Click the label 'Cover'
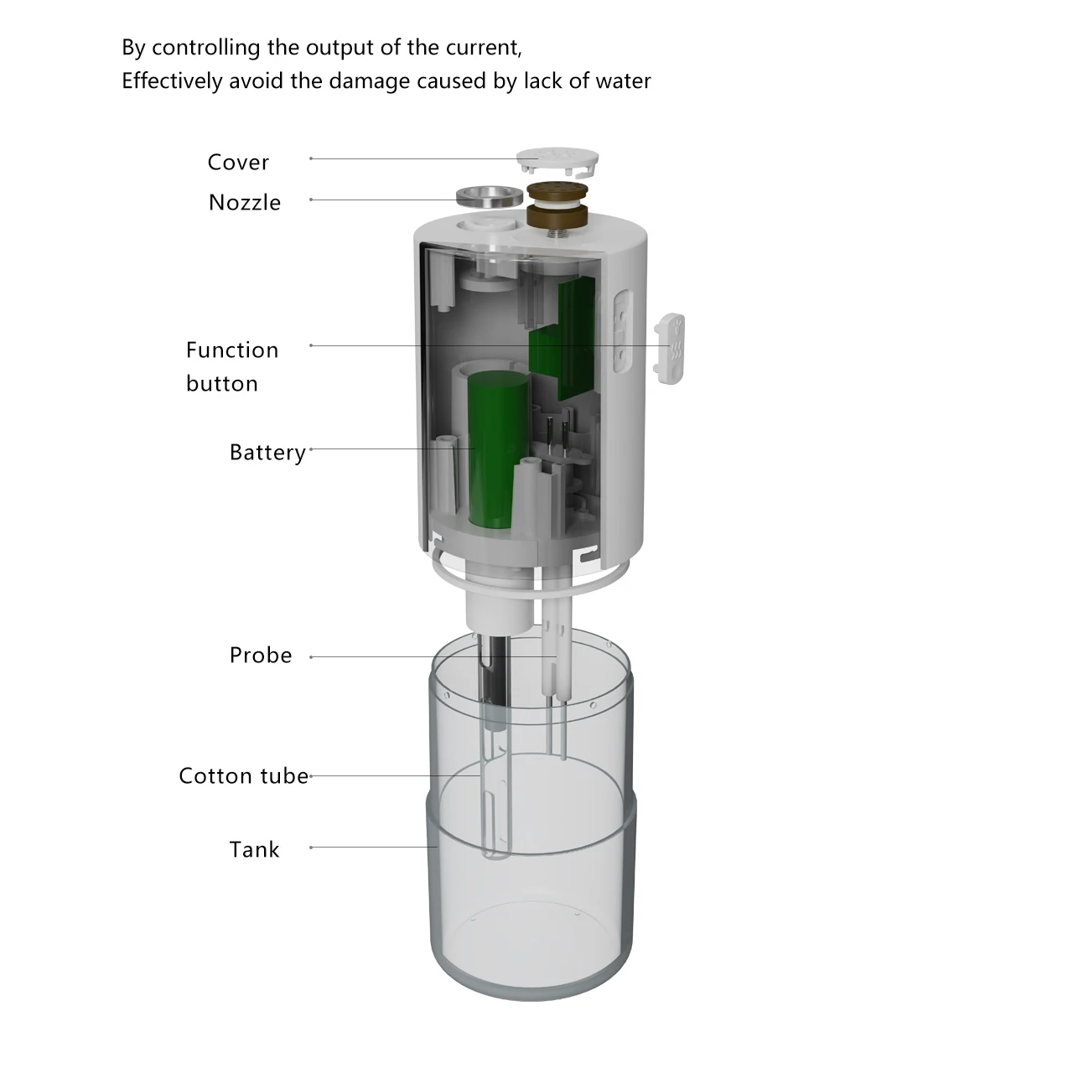[x=238, y=162]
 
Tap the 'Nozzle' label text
[x=245, y=202]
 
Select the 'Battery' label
[x=267, y=452]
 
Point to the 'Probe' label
[x=261, y=655]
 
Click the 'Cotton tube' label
[x=244, y=775]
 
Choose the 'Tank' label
[x=254, y=849]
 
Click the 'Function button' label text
[x=231, y=366]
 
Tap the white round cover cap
[x=558, y=159]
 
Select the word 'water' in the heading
[x=623, y=80]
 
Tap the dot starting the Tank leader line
[x=311, y=848]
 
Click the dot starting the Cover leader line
[x=311, y=158]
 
